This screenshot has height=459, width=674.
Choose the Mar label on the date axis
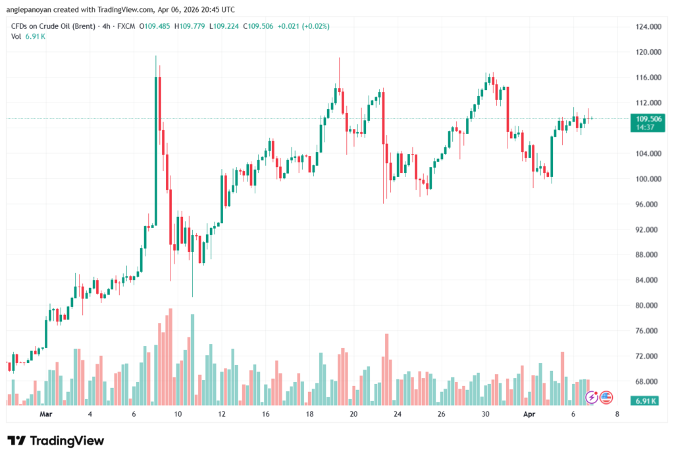(x=45, y=415)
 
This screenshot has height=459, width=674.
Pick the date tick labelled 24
(x=398, y=415)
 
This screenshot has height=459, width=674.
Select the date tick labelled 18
(x=309, y=415)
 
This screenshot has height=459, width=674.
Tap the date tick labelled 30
(x=485, y=415)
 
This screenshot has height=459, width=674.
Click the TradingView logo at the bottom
(x=56, y=441)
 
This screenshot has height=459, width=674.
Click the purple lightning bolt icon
(x=592, y=397)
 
